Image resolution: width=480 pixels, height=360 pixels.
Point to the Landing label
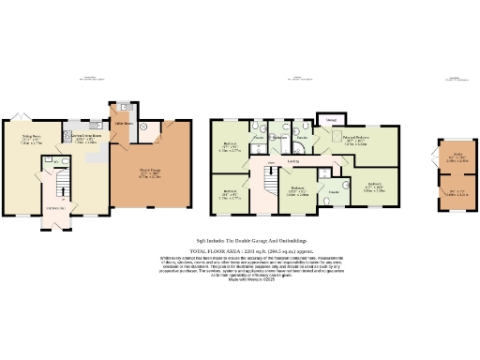point(292,161)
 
